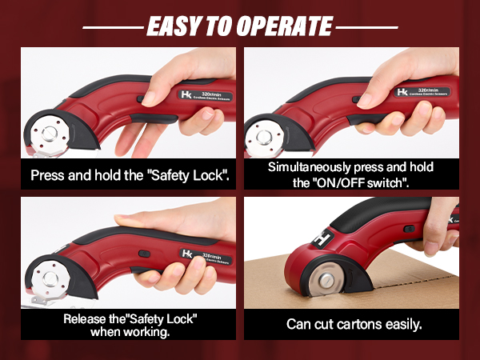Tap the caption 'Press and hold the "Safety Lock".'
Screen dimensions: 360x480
[x=130, y=174]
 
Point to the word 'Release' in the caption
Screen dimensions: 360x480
[x=88, y=319]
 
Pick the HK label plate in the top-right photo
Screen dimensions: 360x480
[x=422, y=93]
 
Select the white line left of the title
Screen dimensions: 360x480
[x=111, y=27]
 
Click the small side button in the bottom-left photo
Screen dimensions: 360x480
[x=146, y=254]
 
